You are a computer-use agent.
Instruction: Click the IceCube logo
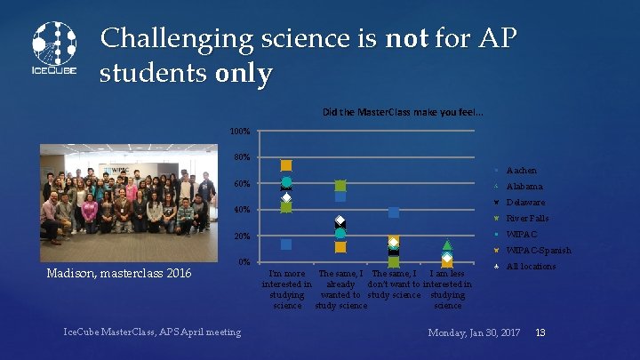coord(54,49)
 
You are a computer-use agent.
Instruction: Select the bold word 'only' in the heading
coord(244,74)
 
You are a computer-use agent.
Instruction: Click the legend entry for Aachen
coord(521,171)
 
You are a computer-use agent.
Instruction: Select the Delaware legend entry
coord(525,203)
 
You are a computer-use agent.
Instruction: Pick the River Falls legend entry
coord(527,219)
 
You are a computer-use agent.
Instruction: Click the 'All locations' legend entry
coord(530,267)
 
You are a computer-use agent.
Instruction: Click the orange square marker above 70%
coord(286,165)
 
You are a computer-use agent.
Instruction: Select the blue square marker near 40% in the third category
coord(394,212)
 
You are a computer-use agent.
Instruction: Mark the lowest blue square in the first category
coord(286,244)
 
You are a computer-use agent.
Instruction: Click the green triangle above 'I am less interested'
coord(447,244)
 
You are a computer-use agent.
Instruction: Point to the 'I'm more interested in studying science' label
coord(287,289)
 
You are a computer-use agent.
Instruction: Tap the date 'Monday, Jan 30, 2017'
coord(474,332)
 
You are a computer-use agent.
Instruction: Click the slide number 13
coord(540,332)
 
